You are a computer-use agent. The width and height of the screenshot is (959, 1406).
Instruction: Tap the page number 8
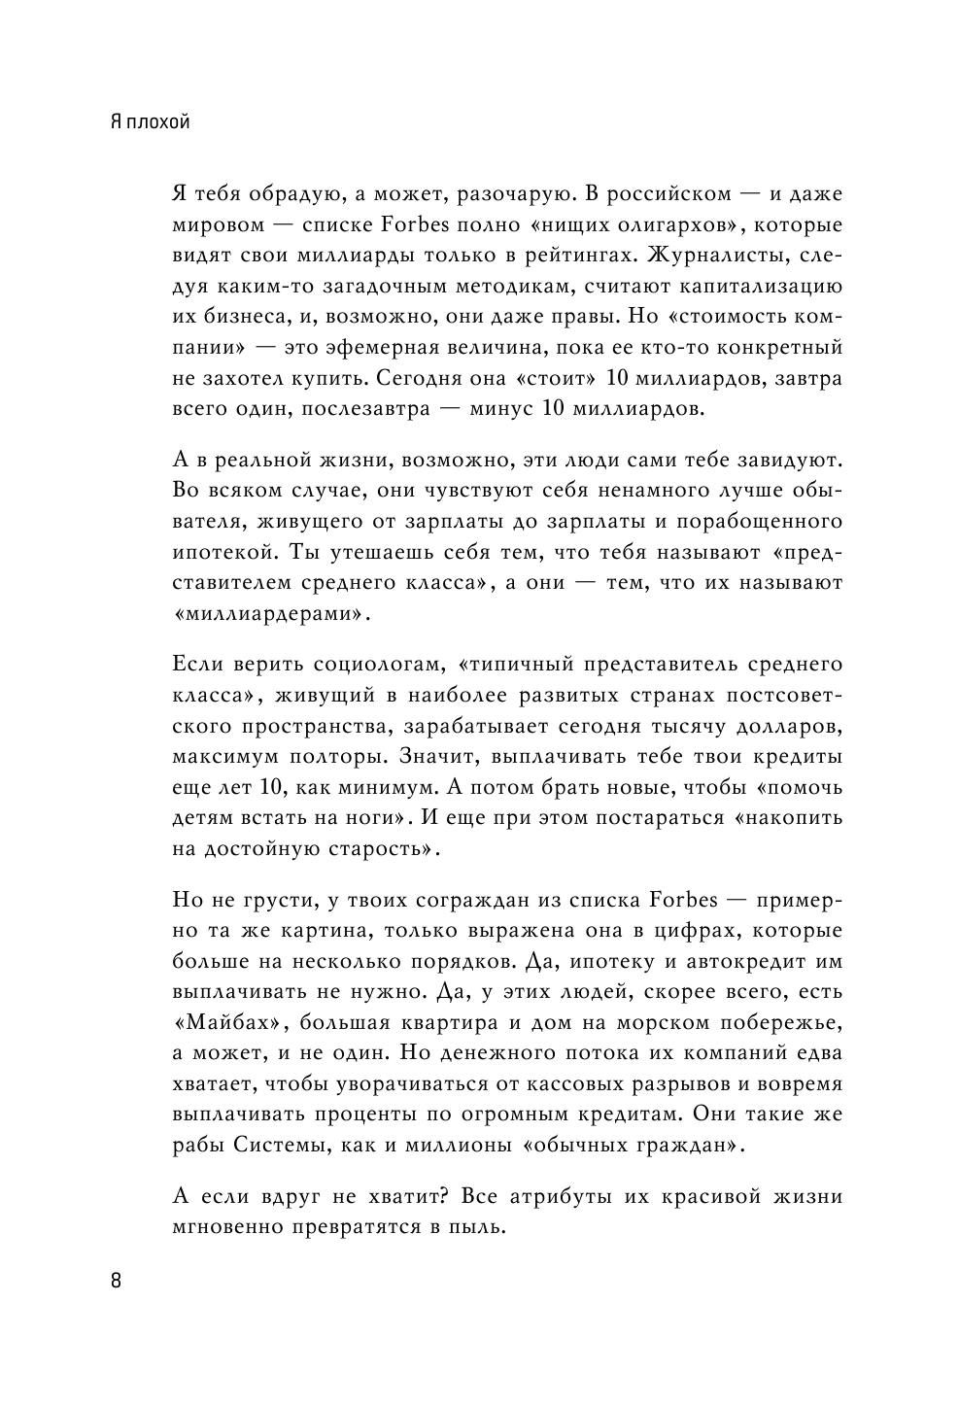click(x=117, y=1280)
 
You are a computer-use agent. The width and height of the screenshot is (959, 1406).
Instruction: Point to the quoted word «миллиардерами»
click(x=273, y=613)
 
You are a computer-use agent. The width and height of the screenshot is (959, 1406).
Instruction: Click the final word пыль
click(x=478, y=1226)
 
